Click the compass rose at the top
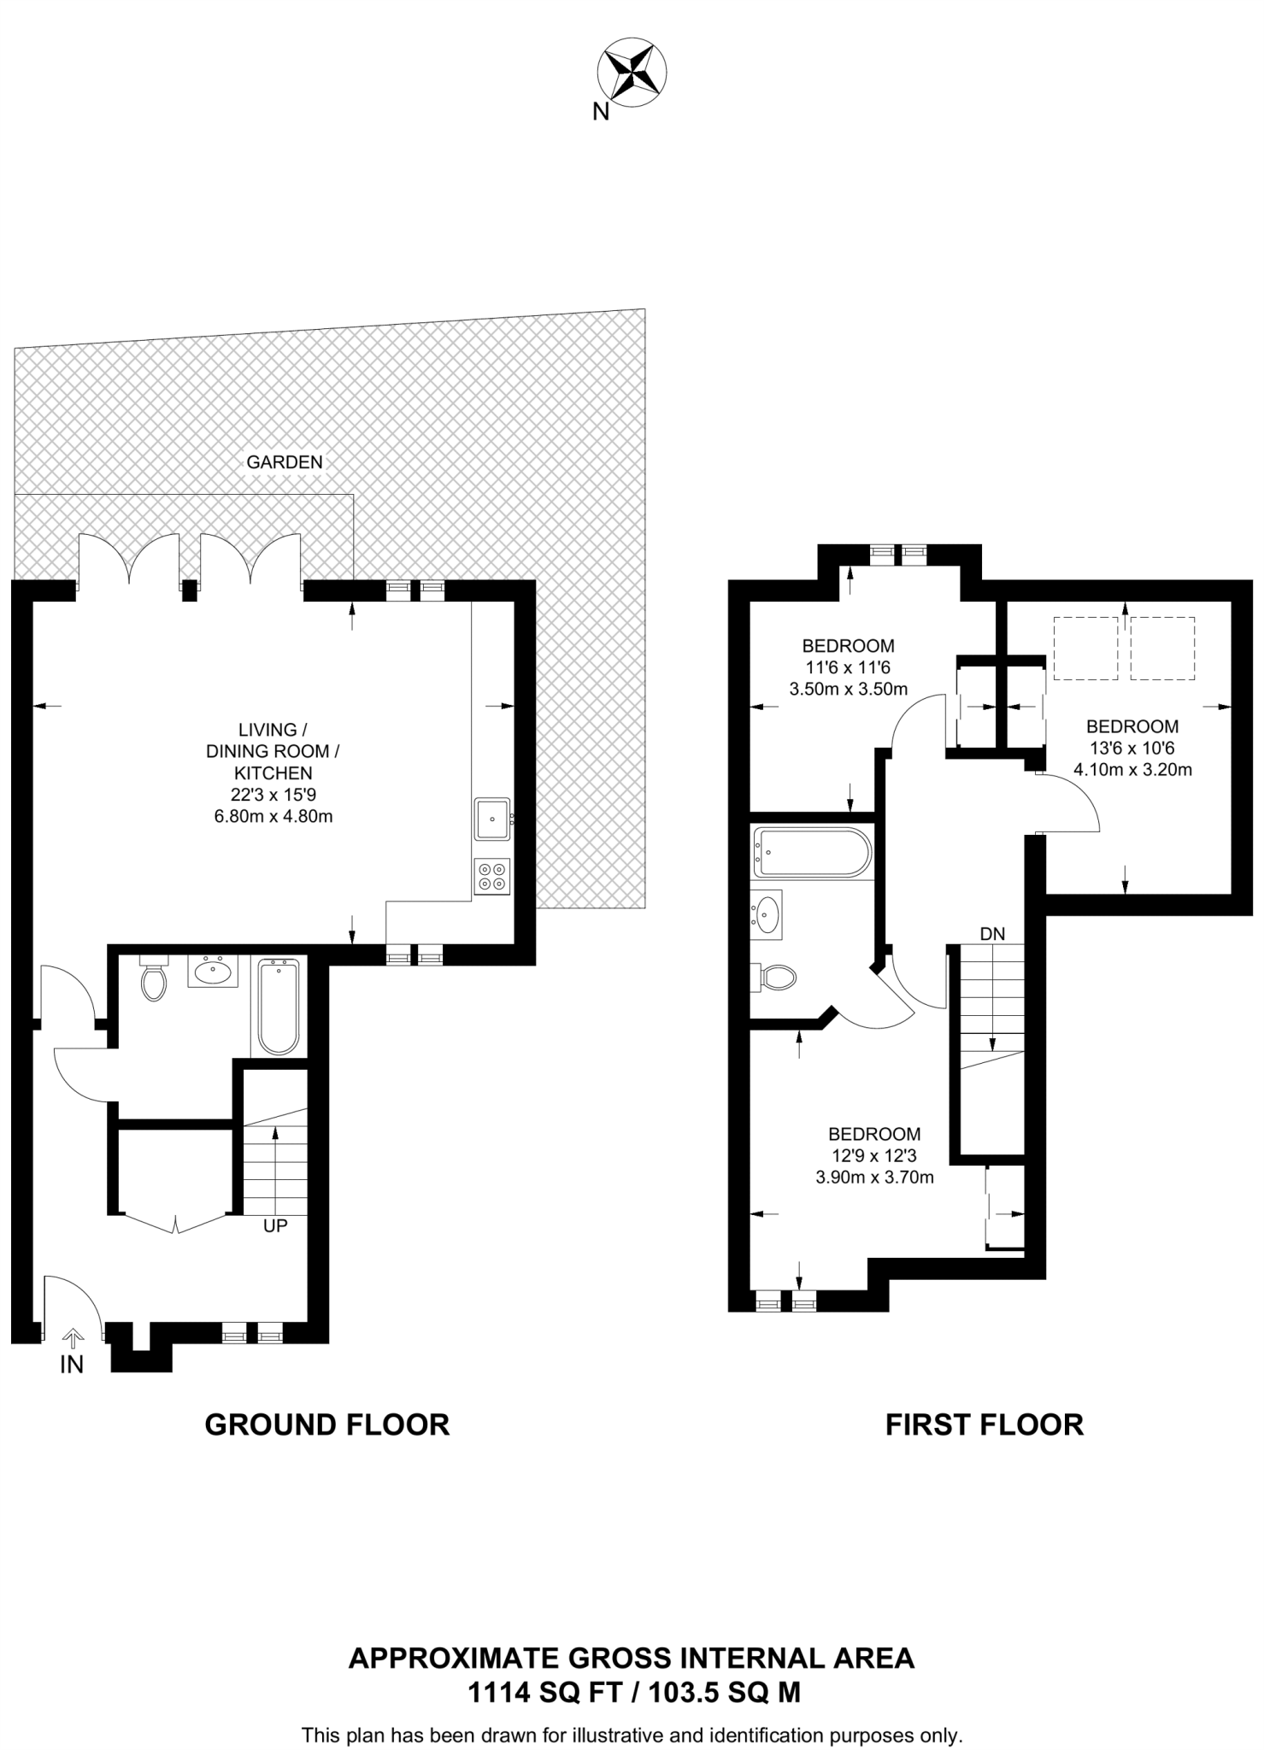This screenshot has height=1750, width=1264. tap(632, 73)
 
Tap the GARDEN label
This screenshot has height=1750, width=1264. tap(285, 462)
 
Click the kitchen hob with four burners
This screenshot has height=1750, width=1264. tap(492, 877)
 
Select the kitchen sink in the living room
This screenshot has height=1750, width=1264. tap(493, 819)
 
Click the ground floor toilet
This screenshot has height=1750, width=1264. tap(154, 981)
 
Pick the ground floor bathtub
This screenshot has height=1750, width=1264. tap(279, 1007)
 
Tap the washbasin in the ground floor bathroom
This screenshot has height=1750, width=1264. tap(213, 972)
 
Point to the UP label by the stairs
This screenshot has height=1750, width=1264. tap(275, 1225)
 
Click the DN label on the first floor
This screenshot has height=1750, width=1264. tap(992, 934)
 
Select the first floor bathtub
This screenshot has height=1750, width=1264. tap(811, 852)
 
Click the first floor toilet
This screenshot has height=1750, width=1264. tap(776, 978)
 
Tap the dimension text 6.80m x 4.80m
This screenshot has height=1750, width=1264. tap(273, 816)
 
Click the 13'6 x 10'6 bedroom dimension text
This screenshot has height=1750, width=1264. tap(1132, 749)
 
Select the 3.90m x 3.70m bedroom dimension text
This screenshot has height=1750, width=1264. tap(874, 1177)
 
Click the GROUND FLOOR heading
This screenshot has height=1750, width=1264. tap(326, 1424)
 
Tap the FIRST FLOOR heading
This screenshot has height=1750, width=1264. tap(984, 1424)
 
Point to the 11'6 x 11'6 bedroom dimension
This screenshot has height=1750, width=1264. tap(848, 667)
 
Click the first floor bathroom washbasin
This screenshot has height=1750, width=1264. tap(767, 913)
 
